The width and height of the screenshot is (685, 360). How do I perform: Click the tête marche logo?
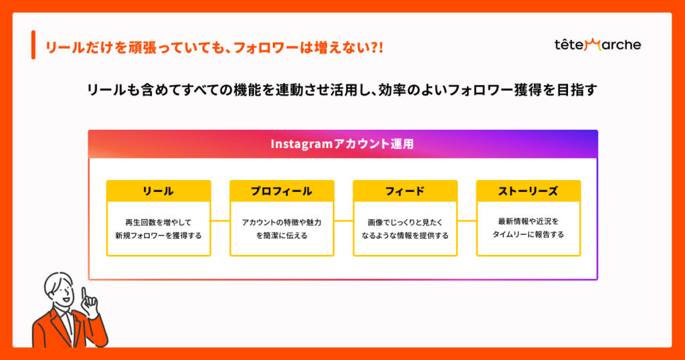[x=597, y=45]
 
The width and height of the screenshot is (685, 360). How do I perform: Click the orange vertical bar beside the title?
[x=33, y=45]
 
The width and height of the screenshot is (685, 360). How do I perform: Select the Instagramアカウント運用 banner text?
[x=342, y=144]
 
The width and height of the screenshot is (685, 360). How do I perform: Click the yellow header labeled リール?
[x=159, y=191]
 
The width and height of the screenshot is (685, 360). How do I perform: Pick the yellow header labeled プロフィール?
[x=282, y=191]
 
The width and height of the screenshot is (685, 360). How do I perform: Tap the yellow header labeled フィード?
[x=405, y=191]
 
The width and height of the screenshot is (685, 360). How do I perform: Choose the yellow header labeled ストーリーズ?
[x=528, y=191]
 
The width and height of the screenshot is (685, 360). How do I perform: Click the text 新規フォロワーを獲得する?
[x=159, y=236]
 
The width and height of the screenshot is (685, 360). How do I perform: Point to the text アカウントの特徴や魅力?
[x=282, y=222]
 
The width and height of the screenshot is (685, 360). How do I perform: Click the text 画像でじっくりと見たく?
[x=405, y=222]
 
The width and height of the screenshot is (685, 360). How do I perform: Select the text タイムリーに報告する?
[x=528, y=235]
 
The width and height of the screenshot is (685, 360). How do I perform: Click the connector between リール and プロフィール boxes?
[x=220, y=221]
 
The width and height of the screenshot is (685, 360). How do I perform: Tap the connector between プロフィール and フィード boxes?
[x=343, y=221]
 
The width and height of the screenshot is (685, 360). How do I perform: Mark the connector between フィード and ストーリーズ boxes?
[x=466, y=221]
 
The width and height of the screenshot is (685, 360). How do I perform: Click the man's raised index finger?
[x=84, y=293]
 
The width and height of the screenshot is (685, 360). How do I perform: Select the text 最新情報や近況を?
[x=528, y=221]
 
